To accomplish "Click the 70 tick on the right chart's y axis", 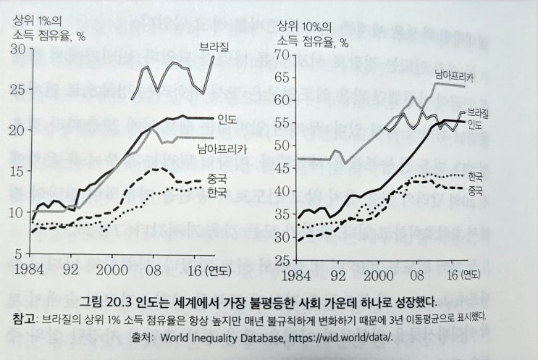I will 282,55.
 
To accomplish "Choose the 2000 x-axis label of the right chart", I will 372,276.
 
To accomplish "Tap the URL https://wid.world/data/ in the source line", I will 337,337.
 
